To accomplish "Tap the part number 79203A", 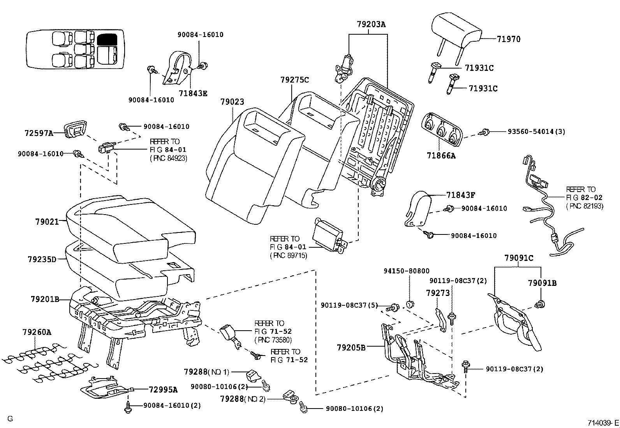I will tap(371, 24).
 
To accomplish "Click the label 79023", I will tap(232, 102).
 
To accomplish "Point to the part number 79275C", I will tap(294, 80).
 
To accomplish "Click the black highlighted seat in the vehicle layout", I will tap(107, 39).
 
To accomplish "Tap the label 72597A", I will tap(39, 133).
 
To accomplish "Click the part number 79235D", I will tap(42, 259).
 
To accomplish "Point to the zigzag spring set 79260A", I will tap(47, 360).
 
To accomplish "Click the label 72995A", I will tap(163, 389).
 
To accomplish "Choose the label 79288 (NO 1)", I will tap(206, 372).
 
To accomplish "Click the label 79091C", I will tap(519, 258).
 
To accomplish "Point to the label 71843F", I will tap(461, 195).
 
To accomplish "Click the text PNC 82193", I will tap(585, 206).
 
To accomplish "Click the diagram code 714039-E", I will tap(603, 422).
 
